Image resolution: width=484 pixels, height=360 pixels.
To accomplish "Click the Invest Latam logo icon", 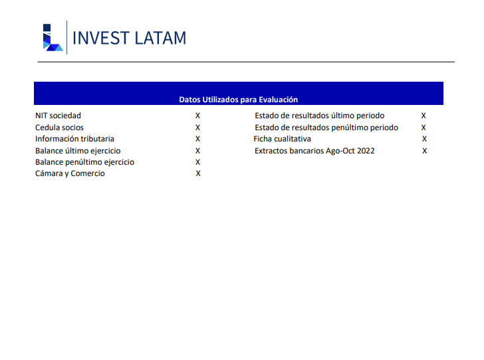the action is [53, 37].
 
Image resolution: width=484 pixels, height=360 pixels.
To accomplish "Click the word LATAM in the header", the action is [160, 39].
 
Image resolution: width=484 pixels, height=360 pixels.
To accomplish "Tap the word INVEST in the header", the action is [101, 39].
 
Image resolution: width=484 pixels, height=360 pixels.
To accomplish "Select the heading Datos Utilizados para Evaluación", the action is [239, 100].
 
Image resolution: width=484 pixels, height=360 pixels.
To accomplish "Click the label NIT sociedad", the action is [58, 116].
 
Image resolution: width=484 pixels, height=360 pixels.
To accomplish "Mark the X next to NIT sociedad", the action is [198, 116].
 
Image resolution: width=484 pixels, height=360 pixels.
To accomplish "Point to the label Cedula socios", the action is [59, 128].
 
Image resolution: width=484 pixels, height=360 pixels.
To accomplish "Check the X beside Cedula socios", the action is [198, 128].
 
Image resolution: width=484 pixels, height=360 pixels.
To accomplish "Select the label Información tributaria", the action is [74, 139].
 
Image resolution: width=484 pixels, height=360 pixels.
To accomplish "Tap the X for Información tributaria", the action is [198, 139].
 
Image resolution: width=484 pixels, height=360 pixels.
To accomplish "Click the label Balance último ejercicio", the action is [78, 151].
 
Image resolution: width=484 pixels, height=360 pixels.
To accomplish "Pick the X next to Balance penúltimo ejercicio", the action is [198, 162].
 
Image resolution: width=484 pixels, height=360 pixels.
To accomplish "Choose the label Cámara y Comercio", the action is [70, 173].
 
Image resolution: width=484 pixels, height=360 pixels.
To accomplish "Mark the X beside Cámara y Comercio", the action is [198, 173].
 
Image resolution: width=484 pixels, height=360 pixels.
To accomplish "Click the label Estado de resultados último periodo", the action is [320, 116].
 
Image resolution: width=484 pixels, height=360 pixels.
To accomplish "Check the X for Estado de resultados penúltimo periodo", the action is [423, 128].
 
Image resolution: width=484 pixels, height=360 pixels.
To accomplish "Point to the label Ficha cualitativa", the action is [282, 139].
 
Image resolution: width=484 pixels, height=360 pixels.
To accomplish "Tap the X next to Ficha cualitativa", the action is [424, 139].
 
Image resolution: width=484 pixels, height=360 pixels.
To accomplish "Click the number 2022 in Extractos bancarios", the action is [366, 151].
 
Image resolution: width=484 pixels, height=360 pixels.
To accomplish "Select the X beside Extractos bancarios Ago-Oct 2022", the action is [425, 151].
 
